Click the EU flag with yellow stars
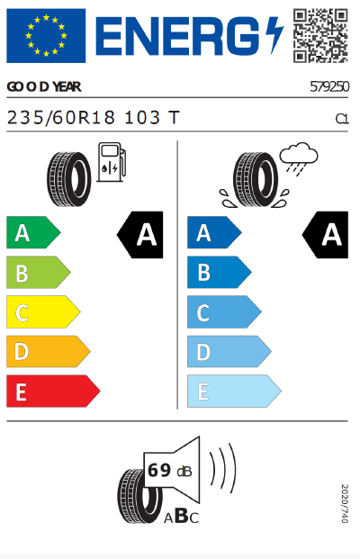point(46,36)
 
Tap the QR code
point(319,35)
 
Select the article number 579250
point(328,87)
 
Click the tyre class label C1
point(341,118)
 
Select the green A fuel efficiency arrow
point(32,234)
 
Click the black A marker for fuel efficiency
point(141,235)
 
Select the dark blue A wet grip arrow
point(213,234)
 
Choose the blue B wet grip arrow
point(219,273)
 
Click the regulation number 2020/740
point(343,503)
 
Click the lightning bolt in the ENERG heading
point(274,36)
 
